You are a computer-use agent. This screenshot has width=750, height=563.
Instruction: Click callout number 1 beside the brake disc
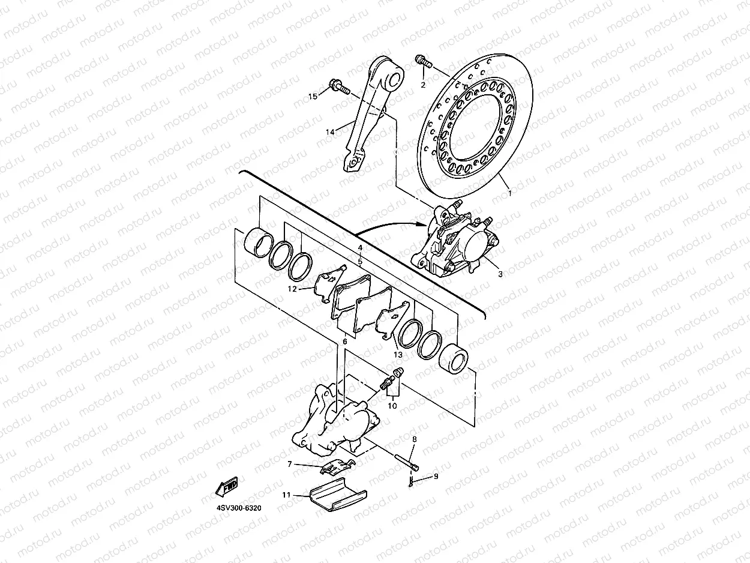point(510,193)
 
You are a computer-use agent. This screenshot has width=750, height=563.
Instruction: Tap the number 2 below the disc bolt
point(422,85)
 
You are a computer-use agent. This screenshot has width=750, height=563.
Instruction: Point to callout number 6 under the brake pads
point(345,342)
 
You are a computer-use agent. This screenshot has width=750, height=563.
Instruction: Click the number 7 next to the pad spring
point(290,464)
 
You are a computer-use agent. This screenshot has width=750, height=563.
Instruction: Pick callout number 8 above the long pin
point(414,440)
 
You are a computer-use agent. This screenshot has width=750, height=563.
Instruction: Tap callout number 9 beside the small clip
point(436,476)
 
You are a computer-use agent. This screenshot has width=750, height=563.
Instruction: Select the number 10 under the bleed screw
point(392,406)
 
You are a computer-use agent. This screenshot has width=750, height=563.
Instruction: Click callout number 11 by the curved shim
point(287,495)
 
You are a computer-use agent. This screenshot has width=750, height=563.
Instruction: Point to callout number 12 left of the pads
point(292,289)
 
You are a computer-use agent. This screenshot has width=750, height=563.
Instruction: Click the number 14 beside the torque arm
point(329,131)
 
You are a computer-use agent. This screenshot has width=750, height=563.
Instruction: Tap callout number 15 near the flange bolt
point(312,97)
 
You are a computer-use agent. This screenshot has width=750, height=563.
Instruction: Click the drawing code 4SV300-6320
point(239,508)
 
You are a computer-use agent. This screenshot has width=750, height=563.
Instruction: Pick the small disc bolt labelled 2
point(423,61)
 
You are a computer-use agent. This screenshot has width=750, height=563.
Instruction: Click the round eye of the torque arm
point(393,77)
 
